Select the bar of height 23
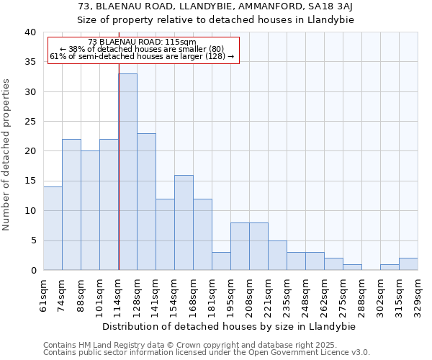[146, 202]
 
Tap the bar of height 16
[184, 222]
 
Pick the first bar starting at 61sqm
[53, 228]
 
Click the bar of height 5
[277, 255]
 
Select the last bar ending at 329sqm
[408, 264]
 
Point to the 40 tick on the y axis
[30, 32]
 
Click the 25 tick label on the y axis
[30, 122]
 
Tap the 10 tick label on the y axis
[30, 211]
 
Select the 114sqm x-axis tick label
[119, 294]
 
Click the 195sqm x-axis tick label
[231, 294]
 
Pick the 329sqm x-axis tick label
[418, 294]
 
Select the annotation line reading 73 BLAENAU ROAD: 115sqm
[142, 42]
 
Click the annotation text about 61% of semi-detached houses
[142, 56]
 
